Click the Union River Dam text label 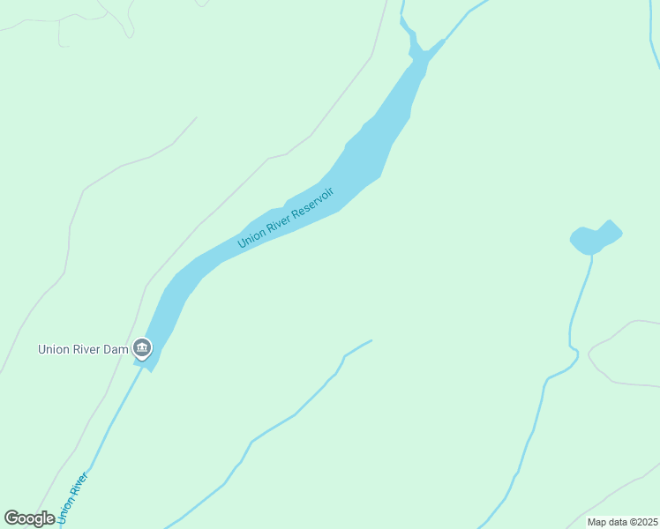(84, 349)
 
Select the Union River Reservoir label (286, 218)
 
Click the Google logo (30, 518)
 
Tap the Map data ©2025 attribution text (622, 522)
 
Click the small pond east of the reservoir (595, 238)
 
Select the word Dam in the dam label (117, 349)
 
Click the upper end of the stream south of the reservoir (369, 342)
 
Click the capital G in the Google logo (11, 518)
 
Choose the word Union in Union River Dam (53, 349)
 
